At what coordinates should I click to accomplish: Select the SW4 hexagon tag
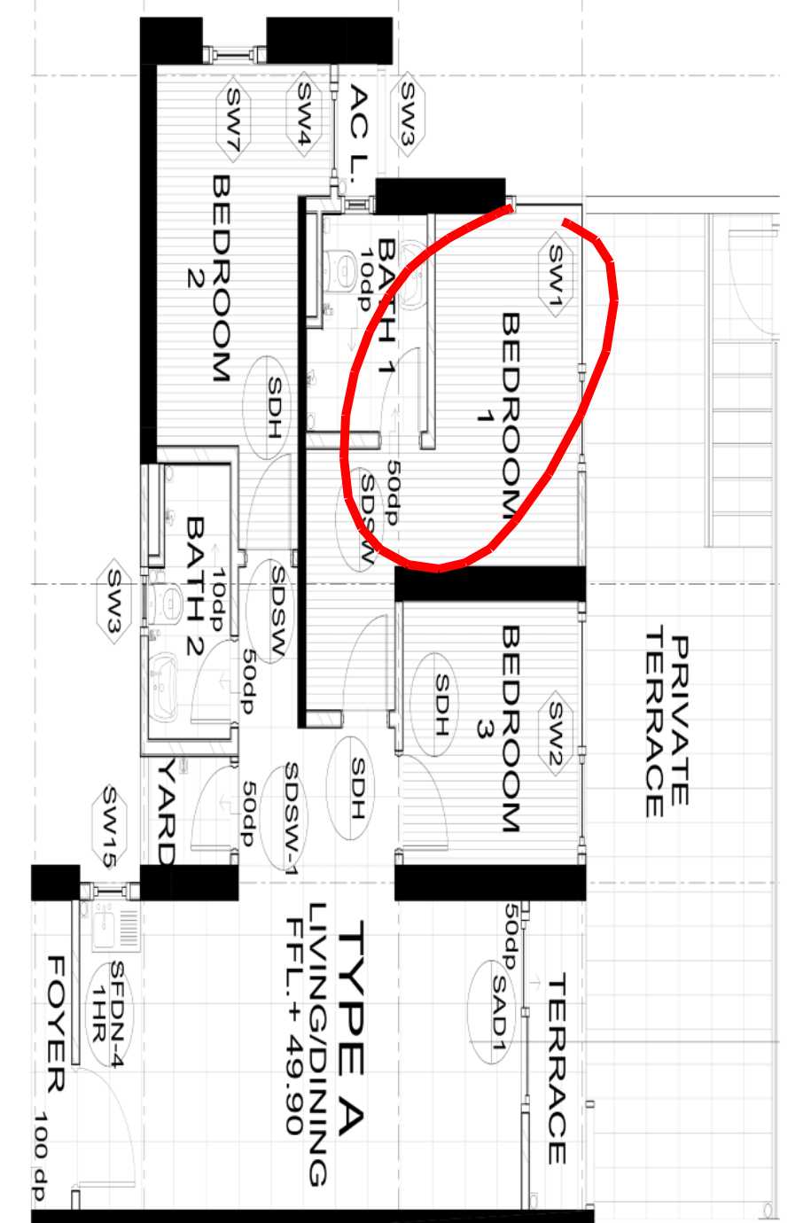point(303,114)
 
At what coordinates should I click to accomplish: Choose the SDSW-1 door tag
point(284,818)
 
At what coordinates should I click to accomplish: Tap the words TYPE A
point(349,1029)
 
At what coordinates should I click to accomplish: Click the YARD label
point(166,811)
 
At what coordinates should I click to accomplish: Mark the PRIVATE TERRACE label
point(667,721)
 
